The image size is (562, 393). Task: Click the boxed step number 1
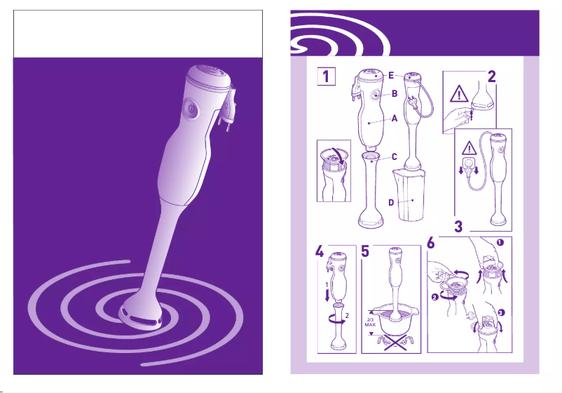pyautogui.click(x=326, y=76)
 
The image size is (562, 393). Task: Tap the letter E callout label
pyautogui.click(x=391, y=75)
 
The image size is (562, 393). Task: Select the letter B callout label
pyautogui.click(x=395, y=93)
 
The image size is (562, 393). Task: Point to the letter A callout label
pyautogui.click(x=395, y=119)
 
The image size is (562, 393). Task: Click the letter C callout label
pyautogui.click(x=395, y=156)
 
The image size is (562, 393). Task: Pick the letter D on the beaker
pyautogui.click(x=391, y=203)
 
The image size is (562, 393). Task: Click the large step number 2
pyautogui.click(x=491, y=76)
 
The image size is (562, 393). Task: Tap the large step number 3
pyautogui.click(x=458, y=227)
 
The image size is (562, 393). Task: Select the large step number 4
pyautogui.click(x=320, y=252)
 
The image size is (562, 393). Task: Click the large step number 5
pyautogui.click(x=365, y=252)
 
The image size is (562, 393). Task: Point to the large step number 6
pyautogui.click(x=431, y=243)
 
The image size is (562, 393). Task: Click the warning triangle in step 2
pyautogui.click(x=459, y=94)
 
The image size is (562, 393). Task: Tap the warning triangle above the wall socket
pyautogui.click(x=469, y=148)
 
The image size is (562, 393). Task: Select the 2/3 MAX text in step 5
pyautogui.click(x=370, y=322)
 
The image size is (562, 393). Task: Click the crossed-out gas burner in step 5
pyautogui.click(x=395, y=342)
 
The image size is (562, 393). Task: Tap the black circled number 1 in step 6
pyautogui.click(x=500, y=243)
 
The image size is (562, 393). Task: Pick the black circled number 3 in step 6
pyautogui.click(x=501, y=312)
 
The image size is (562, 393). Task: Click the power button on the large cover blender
pyautogui.click(x=191, y=107)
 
